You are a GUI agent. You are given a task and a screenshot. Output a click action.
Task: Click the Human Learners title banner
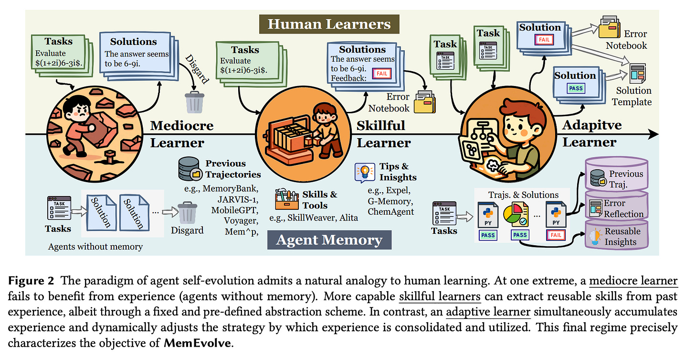(329, 24)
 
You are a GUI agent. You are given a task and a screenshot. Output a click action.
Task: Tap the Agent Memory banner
(329, 240)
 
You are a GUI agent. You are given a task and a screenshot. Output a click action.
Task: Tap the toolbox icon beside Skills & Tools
(286, 200)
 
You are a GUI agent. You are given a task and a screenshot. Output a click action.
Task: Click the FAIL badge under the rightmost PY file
(556, 235)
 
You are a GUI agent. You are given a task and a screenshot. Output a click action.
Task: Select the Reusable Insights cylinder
(617, 235)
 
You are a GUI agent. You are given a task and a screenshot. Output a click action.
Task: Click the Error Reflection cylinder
(617, 207)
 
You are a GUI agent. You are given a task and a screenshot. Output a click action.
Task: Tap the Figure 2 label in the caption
(31, 281)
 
